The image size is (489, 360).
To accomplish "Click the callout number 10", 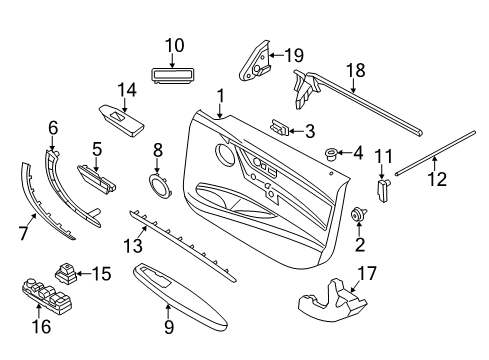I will (x=175, y=44).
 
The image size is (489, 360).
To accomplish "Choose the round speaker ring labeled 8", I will (x=158, y=186).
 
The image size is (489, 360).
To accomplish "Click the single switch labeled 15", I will (x=68, y=270).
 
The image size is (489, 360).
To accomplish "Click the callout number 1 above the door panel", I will (x=219, y=96).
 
